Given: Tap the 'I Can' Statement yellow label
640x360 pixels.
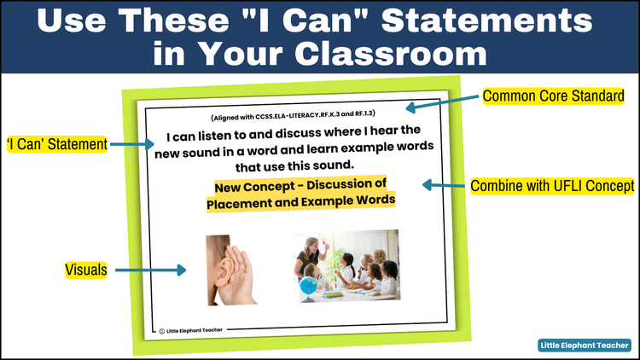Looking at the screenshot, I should [x=56, y=145].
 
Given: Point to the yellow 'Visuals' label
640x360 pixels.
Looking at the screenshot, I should [x=85, y=270].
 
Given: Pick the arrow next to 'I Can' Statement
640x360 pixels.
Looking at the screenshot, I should [x=131, y=145].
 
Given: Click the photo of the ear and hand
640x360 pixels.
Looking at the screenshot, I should [x=230, y=270].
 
